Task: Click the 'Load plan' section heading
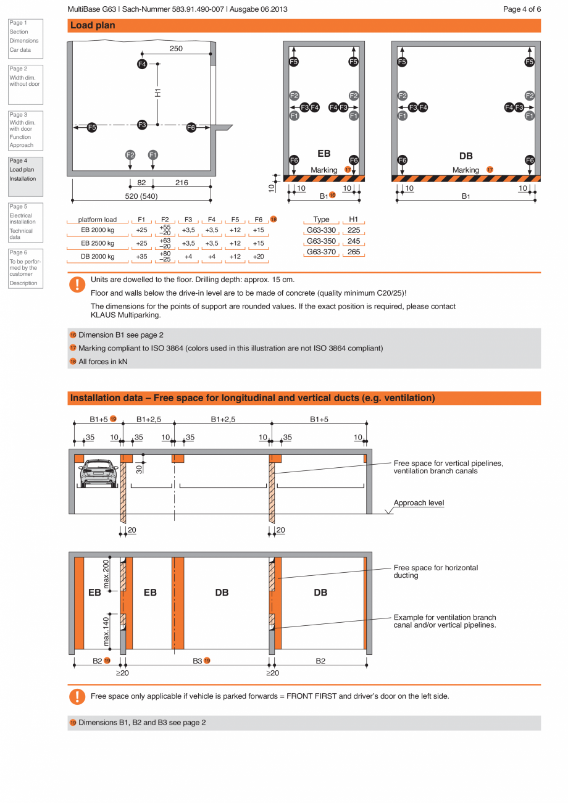tap(93, 26)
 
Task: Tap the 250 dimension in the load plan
tap(176, 49)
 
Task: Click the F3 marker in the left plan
tap(142, 125)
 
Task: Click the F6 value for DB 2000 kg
tap(257, 256)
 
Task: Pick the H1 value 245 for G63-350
tap(354, 241)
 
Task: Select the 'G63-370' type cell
tap(321, 252)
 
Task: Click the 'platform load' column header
tap(97, 219)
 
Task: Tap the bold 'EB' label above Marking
tap(324, 154)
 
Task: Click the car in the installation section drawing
tap(99, 473)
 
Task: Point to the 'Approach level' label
tap(419, 503)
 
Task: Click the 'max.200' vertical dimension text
tap(107, 573)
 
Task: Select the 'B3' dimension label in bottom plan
tap(198, 660)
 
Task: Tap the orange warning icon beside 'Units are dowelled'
tap(77, 284)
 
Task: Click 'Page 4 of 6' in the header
tap(522, 9)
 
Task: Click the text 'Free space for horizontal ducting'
tap(436, 572)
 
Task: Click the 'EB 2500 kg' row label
tap(98, 243)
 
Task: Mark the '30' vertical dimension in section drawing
tap(139, 468)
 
